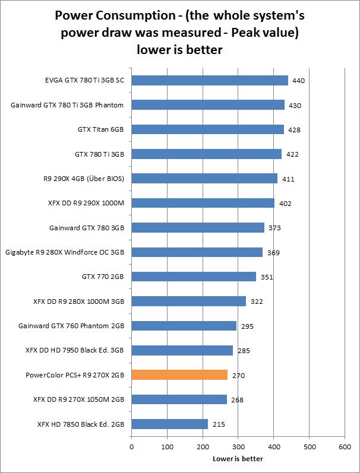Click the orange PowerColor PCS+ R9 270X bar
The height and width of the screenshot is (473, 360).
coord(179,375)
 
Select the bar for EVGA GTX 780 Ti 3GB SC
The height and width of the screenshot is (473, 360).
coord(209,80)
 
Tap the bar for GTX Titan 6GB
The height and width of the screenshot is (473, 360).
coord(207,129)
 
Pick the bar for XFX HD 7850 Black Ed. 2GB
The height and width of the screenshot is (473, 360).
coord(169,424)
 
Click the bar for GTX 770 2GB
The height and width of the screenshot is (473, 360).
coord(193,277)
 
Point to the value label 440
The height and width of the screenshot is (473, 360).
coord(298,81)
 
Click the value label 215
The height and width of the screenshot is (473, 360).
coord(218,425)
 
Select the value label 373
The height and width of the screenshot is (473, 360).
coord(274,228)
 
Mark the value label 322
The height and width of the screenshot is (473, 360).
coord(256,301)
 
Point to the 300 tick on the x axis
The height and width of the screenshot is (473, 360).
coord(238,446)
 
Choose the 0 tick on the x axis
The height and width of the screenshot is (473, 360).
coord(131,446)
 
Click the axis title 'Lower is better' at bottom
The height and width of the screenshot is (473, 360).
coord(238,458)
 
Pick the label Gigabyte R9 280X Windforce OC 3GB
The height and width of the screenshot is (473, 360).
coord(65,252)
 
